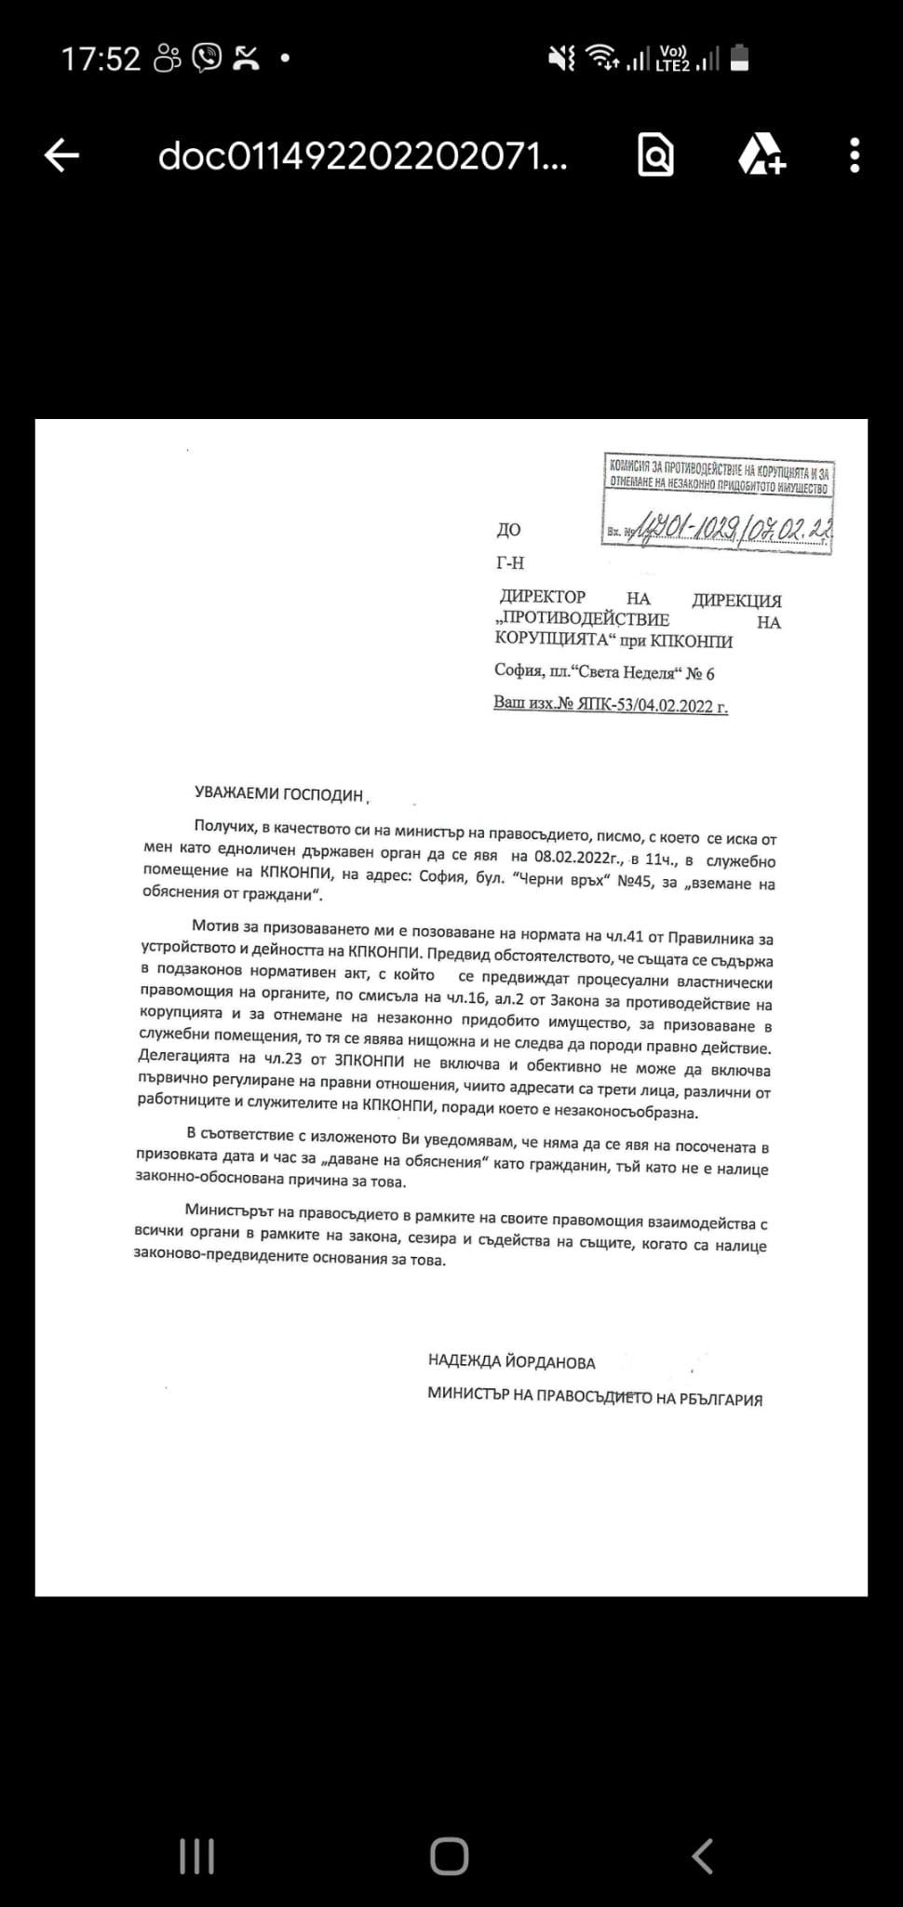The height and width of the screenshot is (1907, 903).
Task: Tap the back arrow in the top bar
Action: point(62,156)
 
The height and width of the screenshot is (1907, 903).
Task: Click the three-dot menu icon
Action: point(855,156)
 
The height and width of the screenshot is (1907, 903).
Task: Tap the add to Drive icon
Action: point(761,156)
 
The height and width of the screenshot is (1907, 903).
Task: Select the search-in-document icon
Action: point(655,156)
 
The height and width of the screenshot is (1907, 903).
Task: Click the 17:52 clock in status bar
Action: point(101,60)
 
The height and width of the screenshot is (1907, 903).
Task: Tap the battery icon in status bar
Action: point(739,59)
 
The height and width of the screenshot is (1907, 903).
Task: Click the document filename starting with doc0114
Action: point(362,156)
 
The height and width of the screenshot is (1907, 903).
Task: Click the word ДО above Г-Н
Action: point(508,530)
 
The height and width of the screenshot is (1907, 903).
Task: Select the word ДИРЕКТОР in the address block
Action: point(543,597)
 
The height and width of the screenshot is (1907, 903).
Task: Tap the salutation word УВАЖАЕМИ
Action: point(236,793)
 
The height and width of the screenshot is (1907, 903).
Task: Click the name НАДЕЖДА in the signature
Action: point(465,1362)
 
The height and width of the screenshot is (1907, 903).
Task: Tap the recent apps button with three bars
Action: point(196,1856)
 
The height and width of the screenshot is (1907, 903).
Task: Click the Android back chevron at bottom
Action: point(703,1856)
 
